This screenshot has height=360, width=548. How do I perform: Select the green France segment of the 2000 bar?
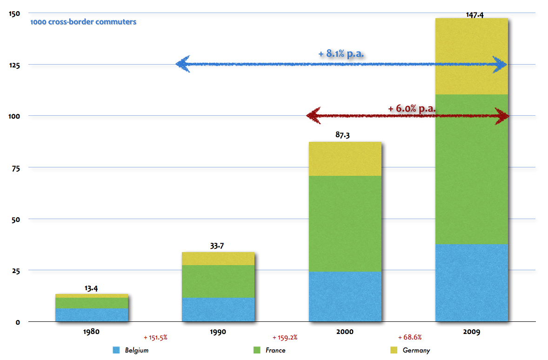click(345, 223)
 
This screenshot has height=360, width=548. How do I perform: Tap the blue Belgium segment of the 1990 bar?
click(218, 309)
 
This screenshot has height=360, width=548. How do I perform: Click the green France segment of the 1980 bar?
click(92, 303)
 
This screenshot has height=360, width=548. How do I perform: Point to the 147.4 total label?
click(474, 15)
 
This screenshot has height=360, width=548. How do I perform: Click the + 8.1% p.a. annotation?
click(341, 54)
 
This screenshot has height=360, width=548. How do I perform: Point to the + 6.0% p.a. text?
click(411, 108)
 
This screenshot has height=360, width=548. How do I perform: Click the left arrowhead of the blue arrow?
click(182, 64)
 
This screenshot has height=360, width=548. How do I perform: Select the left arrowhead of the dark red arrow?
click(314, 116)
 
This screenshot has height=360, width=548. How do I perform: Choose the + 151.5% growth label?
click(155, 337)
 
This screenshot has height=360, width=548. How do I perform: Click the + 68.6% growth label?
click(410, 337)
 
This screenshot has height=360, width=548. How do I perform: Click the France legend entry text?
click(275, 350)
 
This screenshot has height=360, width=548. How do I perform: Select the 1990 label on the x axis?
click(218, 332)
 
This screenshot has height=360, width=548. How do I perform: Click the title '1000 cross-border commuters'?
click(83, 22)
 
